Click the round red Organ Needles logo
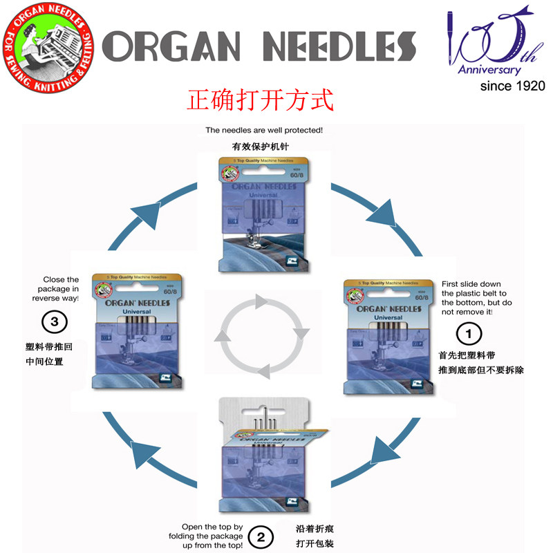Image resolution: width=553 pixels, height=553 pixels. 48,48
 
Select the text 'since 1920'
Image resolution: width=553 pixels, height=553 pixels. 512,86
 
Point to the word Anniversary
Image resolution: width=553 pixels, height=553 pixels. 489,70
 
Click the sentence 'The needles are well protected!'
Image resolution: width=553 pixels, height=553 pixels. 264,130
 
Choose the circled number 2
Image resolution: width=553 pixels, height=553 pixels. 261,536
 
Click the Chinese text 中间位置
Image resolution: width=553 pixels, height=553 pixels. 44,362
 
